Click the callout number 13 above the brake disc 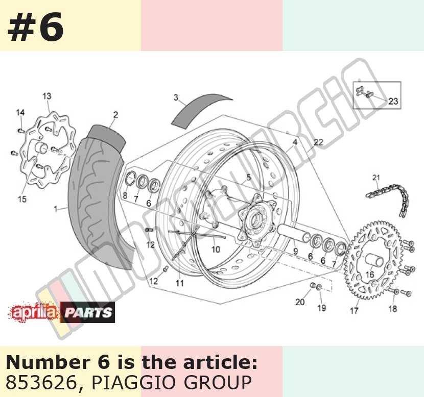click(47, 96)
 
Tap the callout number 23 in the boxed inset click(393, 101)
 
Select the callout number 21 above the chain click(376, 178)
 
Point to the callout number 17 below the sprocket click(354, 311)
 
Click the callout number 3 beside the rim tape click(176, 97)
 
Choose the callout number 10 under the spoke click(216, 249)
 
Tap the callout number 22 click(319, 142)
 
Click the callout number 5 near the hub click(248, 178)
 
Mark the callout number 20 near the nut click(300, 302)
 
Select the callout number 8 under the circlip click(125, 195)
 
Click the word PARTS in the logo click(88, 312)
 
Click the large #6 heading click(35, 27)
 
